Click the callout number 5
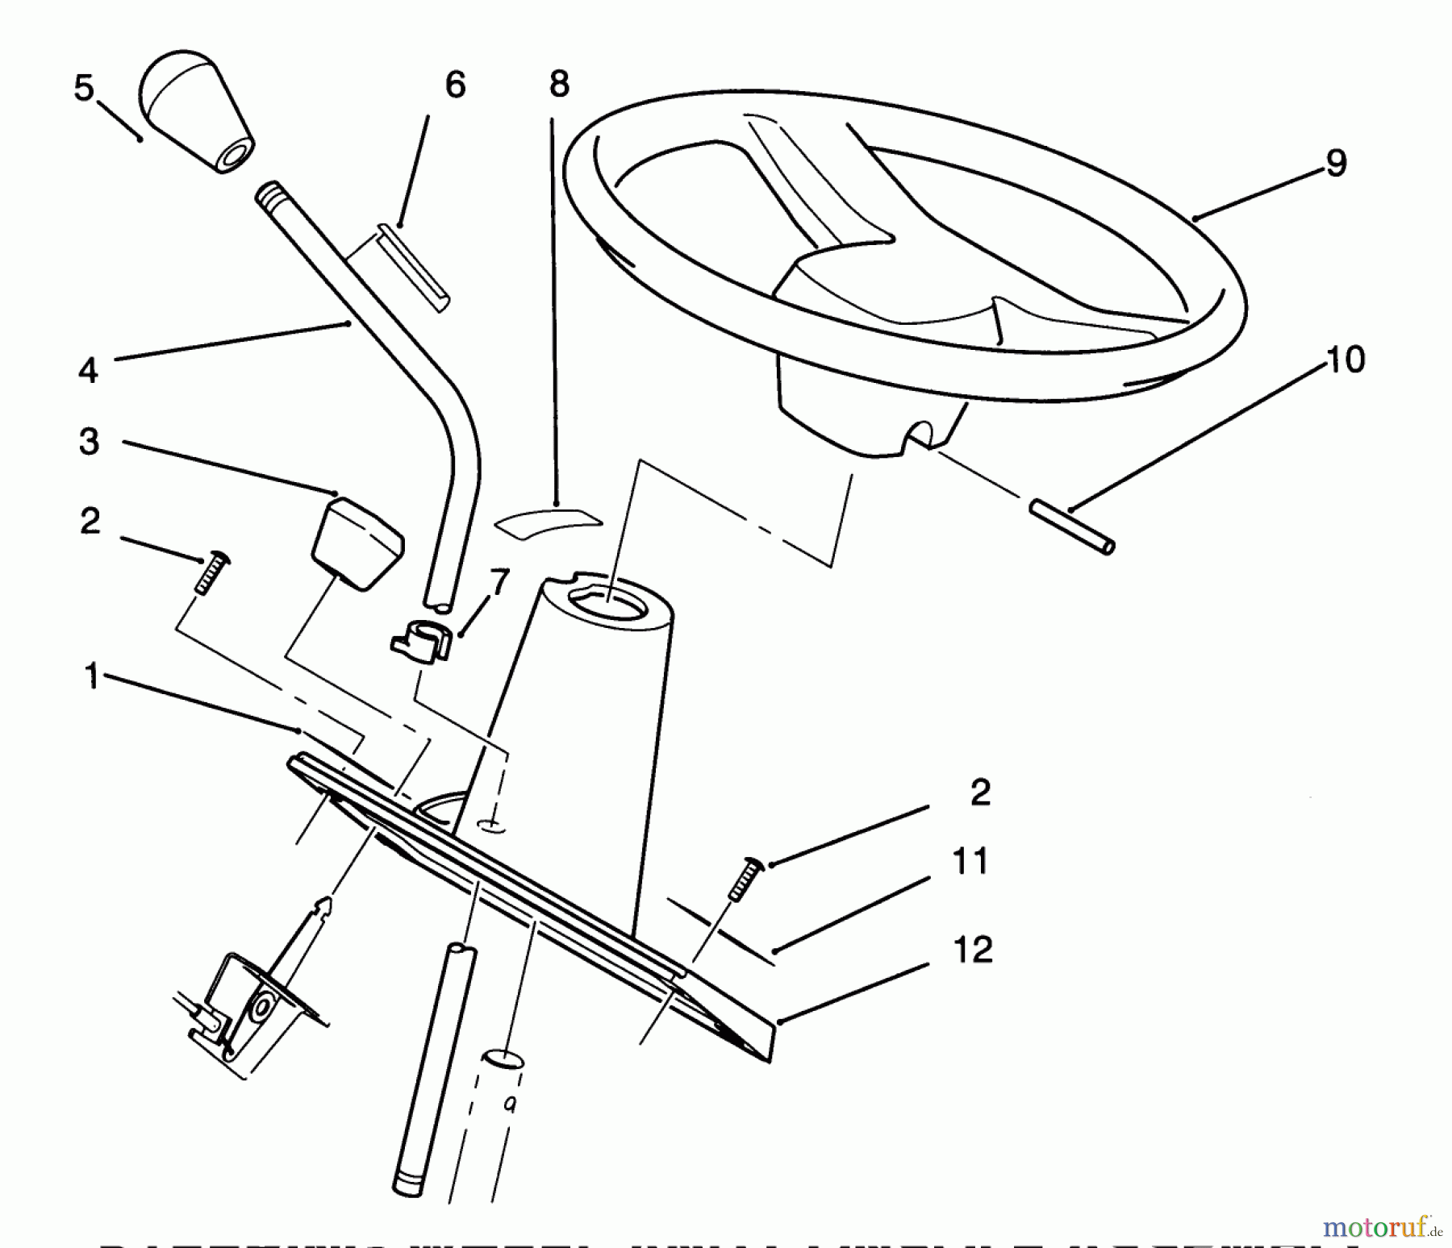point(83,88)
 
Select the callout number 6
point(455,85)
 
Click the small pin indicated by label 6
point(412,269)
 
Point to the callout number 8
point(558,84)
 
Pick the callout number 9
point(1336,164)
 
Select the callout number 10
point(1345,360)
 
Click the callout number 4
point(88,370)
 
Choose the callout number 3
point(90,442)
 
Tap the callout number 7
point(499,581)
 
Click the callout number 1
point(94,676)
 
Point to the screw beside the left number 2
point(210,573)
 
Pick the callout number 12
point(972,951)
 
